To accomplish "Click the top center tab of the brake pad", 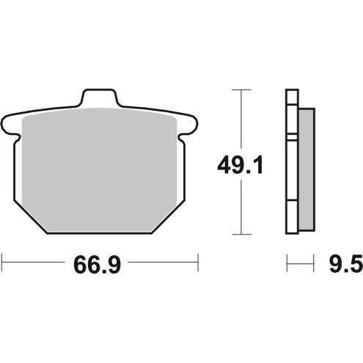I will click(x=100, y=98).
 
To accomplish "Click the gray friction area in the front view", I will click(x=100, y=169).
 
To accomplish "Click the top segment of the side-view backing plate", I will click(x=291, y=110).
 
